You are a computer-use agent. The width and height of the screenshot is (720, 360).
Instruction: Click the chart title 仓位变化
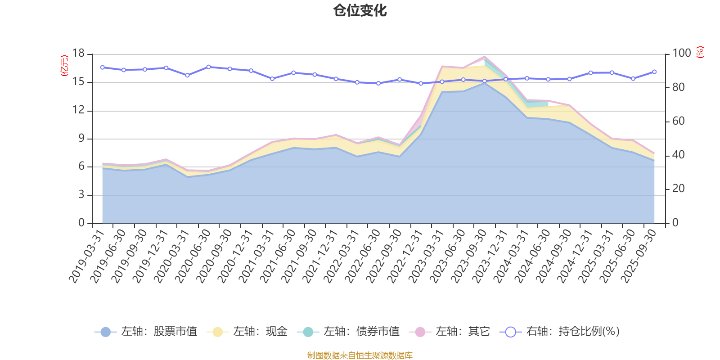360,10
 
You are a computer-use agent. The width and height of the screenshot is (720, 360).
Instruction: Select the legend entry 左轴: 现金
247,332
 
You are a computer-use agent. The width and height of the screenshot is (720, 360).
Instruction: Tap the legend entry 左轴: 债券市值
348,332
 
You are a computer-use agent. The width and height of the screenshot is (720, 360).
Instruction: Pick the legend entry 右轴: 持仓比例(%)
560,332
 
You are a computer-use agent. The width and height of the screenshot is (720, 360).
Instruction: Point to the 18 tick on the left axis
79,54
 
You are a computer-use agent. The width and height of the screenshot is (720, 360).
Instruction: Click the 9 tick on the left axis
81,139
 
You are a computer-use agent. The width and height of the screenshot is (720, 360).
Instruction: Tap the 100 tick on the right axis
681,54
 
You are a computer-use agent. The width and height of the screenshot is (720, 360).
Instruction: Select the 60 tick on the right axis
679,121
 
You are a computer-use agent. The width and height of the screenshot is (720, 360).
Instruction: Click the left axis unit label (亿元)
64,66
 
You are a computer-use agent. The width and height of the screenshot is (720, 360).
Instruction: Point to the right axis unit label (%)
700,52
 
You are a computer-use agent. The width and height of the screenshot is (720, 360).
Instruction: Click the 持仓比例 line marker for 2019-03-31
102,67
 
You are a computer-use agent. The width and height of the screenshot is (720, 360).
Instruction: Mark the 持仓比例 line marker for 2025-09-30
654,72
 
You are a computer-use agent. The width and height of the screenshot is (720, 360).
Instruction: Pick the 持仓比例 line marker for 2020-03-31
187,76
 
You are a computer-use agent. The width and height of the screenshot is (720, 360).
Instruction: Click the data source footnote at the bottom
360,355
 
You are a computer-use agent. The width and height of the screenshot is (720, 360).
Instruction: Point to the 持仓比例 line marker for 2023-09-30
485,81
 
